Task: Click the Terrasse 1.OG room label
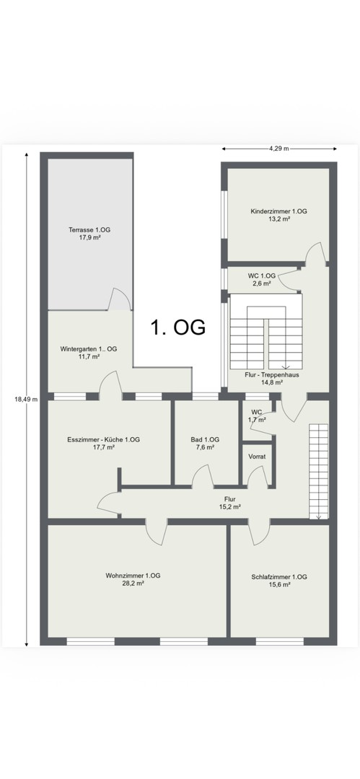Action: coord(89,230)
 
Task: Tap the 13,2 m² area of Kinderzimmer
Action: coord(279,219)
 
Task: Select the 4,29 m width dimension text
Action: coord(279,148)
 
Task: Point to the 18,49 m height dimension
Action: coord(27,399)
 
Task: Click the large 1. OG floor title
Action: coord(178,328)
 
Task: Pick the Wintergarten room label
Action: coord(89,349)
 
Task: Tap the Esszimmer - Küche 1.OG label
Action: coord(103,440)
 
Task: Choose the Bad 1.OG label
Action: coord(205,440)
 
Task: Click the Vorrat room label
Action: coord(257,456)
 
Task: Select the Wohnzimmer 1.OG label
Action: coord(133,576)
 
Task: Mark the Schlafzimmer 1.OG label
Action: coord(279,577)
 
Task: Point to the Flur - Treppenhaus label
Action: coord(272,375)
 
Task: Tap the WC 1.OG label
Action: coord(262,276)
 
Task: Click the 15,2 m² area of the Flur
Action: coord(229,507)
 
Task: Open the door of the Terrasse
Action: coord(120,299)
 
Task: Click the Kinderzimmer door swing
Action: coord(315,252)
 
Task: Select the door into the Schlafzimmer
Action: coord(258,532)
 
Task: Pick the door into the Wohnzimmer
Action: coord(157,532)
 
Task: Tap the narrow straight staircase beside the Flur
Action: coord(319,472)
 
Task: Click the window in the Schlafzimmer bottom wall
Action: coord(279,641)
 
